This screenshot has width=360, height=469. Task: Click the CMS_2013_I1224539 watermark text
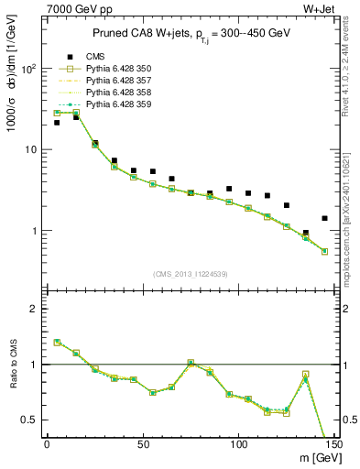(x=190, y=272)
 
